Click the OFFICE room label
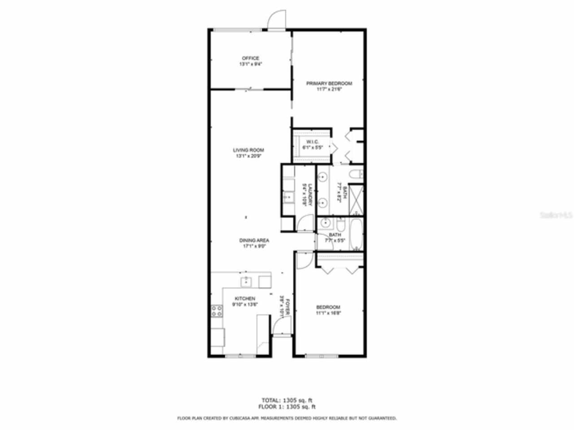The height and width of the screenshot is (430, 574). [x=250, y=58]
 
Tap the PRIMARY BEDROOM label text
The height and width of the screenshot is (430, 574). [x=329, y=83]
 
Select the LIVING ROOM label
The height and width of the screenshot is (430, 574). [x=248, y=150]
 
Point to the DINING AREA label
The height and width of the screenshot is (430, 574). [x=254, y=241]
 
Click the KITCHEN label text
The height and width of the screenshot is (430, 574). [x=245, y=299]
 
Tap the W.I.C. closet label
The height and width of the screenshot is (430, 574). [x=312, y=142]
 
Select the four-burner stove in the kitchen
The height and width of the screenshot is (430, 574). [x=217, y=311]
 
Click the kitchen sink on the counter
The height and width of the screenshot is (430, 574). [x=246, y=282]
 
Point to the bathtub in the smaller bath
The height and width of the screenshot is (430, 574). [x=357, y=234]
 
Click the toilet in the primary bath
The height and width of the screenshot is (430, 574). [x=356, y=175]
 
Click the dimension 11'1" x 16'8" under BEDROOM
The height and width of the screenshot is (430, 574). [x=328, y=313]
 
